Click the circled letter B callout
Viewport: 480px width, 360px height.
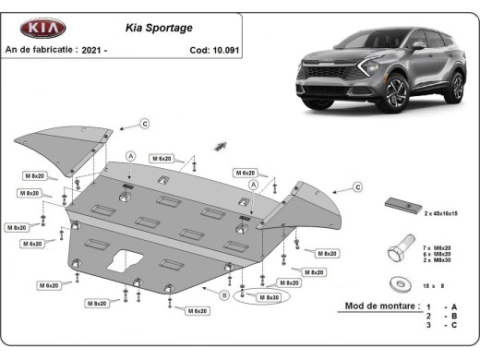point(223,295)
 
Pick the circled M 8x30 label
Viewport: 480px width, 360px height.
point(268,297)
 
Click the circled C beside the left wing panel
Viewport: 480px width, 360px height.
point(145,124)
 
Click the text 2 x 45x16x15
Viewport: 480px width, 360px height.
point(441,213)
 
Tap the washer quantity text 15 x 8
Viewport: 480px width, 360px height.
point(435,287)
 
